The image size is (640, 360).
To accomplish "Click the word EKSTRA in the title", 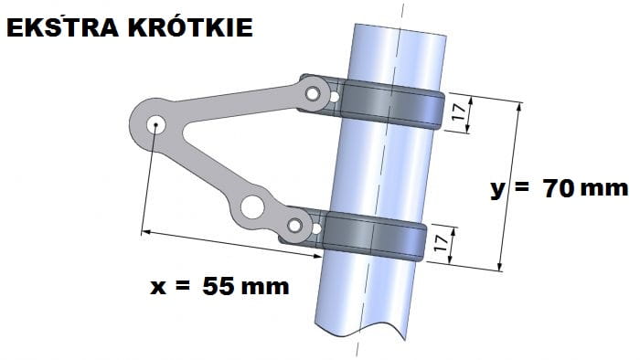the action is click(63, 27).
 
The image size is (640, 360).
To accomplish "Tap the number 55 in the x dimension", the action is click(219, 286).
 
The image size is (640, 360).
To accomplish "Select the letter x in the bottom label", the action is click(158, 287).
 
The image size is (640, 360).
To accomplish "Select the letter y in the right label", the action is click(498, 190).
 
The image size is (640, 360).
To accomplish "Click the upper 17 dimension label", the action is click(459, 111).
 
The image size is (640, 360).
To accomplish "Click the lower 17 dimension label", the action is click(442, 243).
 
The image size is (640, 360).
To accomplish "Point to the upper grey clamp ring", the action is click(392, 104).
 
